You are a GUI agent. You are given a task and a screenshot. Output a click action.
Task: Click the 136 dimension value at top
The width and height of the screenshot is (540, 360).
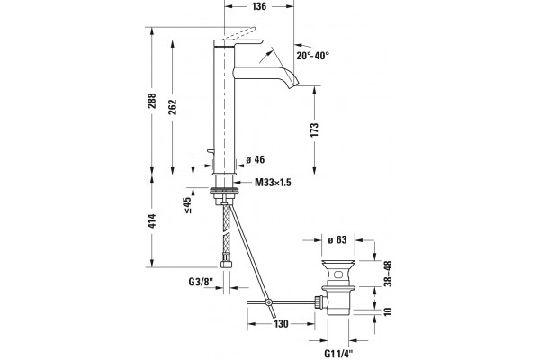[x=259, y=6]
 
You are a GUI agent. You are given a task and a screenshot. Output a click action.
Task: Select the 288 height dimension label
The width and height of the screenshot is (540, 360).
[x=152, y=101]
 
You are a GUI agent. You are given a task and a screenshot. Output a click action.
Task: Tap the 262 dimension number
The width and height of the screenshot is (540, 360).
[x=172, y=107]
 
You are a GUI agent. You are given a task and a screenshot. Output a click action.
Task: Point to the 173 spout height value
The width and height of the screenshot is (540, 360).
[x=314, y=130]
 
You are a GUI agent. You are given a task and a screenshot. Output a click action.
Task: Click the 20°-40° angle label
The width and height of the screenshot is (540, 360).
[x=313, y=56]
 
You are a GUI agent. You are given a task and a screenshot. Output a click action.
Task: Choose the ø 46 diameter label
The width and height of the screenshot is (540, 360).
[x=256, y=160]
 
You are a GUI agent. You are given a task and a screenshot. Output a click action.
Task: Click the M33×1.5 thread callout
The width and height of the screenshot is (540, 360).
[x=273, y=182]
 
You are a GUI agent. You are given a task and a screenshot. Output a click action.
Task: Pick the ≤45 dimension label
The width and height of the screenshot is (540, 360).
[x=187, y=205]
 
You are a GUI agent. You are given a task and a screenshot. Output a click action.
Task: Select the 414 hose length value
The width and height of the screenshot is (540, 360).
[x=152, y=221]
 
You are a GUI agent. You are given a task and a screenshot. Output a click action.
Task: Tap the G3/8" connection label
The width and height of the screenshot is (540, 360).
[x=201, y=282]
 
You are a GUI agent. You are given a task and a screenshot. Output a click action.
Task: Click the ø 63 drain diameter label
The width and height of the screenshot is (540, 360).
[x=337, y=239]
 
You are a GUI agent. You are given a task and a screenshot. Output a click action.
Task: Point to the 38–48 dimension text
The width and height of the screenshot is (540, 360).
[x=389, y=274]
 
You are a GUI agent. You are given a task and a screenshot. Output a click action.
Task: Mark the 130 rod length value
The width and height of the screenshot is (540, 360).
[x=281, y=324]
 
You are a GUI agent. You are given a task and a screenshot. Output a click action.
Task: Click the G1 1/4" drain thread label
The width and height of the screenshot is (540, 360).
[x=339, y=354]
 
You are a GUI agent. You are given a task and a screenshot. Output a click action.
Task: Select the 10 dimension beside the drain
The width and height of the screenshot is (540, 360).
[x=388, y=311]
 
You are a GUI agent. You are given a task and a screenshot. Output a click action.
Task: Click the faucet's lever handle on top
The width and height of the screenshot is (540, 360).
[x=238, y=42]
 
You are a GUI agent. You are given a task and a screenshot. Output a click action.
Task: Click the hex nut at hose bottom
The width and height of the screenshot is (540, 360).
[x=226, y=265]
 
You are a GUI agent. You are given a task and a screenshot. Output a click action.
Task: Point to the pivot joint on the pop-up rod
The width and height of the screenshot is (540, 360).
[x=268, y=302]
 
